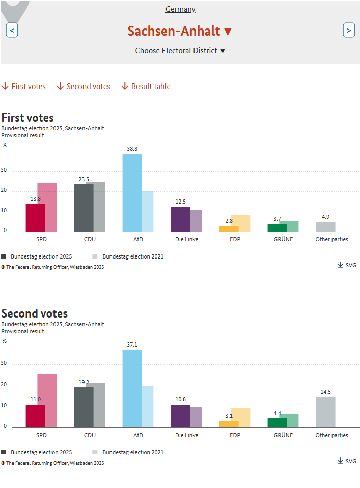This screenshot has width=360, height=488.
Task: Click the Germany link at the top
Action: [x=180, y=9]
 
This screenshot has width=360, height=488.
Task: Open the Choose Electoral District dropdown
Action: [x=180, y=51]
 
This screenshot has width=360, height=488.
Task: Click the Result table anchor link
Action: [x=146, y=86]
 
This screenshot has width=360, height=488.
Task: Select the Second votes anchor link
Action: [x=84, y=86]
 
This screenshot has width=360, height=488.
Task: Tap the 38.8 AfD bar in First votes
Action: [x=132, y=193]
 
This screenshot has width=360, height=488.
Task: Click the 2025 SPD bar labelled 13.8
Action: [x=36, y=218]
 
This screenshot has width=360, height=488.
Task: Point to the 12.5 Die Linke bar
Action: [x=181, y=219]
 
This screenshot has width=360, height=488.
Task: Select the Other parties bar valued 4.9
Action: [x=326, y=227]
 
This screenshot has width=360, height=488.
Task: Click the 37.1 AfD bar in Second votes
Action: [x=132, y=388]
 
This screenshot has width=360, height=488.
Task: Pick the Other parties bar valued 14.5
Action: [x=326, y=412]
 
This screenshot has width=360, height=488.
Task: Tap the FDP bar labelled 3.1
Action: [x=229, y=424]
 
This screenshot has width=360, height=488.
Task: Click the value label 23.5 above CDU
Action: [x=84, y=179]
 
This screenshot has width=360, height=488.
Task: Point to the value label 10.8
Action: [x=181, y=399]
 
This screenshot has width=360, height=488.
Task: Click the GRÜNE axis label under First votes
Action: [x=284, y=239]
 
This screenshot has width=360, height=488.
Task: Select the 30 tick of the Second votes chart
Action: [x=4, y=363]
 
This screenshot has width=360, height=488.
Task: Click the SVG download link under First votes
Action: [x=347, y=265]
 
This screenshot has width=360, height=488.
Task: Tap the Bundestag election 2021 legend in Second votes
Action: [x=128, y=452]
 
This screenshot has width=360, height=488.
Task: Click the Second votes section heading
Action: [x=35, y=313]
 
